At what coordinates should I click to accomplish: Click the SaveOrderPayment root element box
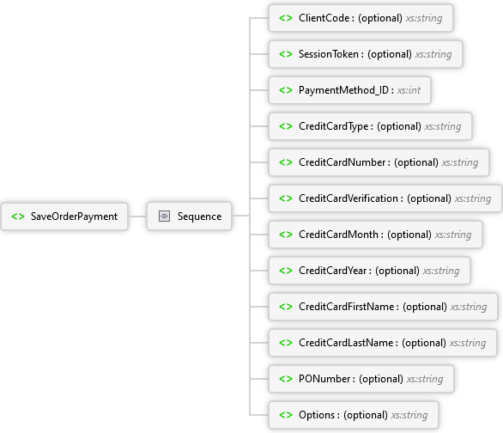[64, 216]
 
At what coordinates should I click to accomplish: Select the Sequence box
[189, 216]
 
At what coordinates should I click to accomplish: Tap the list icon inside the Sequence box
[164, 216]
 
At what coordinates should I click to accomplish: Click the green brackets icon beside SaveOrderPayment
[18, 216]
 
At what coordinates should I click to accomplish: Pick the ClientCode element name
[324, 18]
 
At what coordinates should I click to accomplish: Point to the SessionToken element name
[329, 54]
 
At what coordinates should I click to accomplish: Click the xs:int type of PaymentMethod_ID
[409, 90]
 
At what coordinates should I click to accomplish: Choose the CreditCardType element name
[334, 126]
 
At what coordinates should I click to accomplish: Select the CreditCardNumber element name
[342, 162]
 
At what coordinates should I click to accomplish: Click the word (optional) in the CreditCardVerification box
[429, 198]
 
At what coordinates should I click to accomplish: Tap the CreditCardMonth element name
[338, 235]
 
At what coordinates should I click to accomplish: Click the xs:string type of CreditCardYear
[441, 271]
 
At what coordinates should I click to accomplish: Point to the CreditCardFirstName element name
[347, 307]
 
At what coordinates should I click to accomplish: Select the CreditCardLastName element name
[346, 343]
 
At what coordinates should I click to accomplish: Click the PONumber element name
[324, 379]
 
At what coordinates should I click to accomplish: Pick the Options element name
[317, 415]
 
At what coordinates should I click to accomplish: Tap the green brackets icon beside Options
[286, 415]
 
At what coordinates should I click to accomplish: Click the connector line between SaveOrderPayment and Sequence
[137, 216]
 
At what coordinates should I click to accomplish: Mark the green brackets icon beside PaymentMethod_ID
[286, 90]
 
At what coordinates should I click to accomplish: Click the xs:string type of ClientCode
[424, 18]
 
